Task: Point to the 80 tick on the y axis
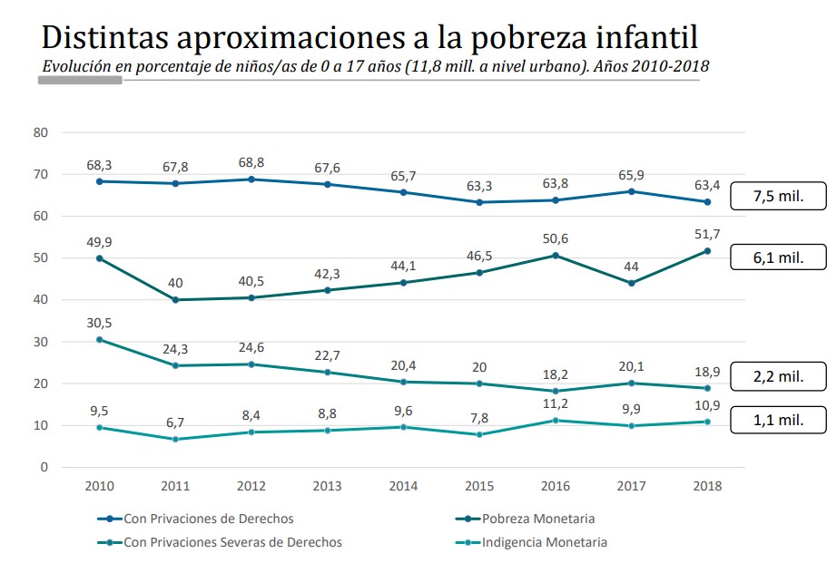pos(40,132)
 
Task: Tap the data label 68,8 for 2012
pos(252,163)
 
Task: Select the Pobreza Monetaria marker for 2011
pos(176,300)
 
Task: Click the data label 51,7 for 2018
pos(707,235)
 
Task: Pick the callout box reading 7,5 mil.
pos(778,195)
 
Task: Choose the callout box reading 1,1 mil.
pos(778,421)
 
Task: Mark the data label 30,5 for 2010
pos(100,324)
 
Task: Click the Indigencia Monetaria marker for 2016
pos(556,421)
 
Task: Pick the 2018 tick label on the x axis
pos(707,486)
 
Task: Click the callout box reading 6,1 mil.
pos(778,257)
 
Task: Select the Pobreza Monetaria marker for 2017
pos(631,283)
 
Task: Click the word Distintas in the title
pos(102,38)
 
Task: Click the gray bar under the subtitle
pos(80,81)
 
